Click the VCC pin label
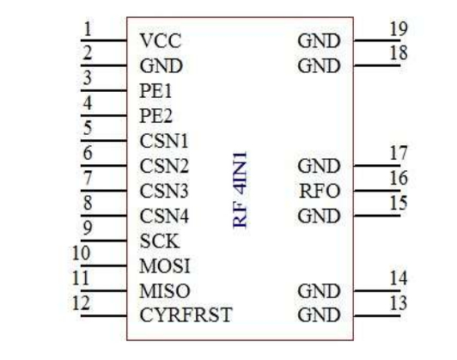(161, 40)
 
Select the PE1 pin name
(155, 91)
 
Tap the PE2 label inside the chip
(156, 116)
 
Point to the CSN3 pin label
(164, 191)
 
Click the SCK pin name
(160, 241)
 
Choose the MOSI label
(165, 266)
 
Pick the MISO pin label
(165, 291)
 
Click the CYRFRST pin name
(186, 315)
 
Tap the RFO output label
(320, 191)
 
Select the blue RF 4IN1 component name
(241, 190)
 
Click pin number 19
(399, 29)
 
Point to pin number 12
(81, 303)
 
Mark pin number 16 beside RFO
(399, 178)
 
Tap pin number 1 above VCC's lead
(88, 29)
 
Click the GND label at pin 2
(161, 65)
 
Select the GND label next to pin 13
(319, 315)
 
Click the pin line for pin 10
(104, 265)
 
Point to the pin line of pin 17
(377, 166)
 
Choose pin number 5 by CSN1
(88, 128)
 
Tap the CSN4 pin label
(164, 216)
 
